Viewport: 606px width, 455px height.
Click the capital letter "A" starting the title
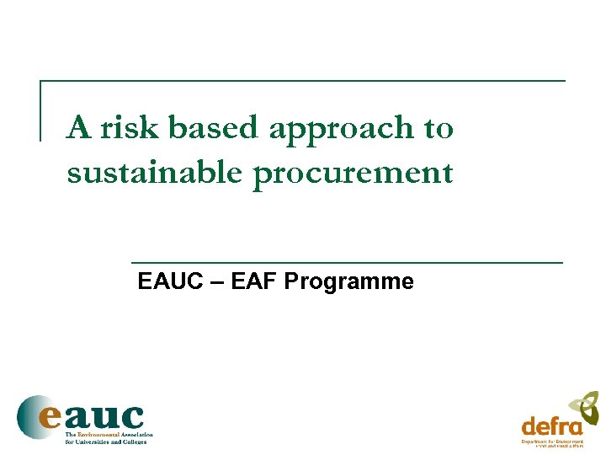click(79, 128)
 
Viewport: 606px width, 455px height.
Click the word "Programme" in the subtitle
click(348, 282)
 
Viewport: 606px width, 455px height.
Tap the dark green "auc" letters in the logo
click(105, 416)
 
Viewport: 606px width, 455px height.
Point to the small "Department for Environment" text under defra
click(552, 442)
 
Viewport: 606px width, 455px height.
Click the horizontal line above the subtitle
click(347, 263)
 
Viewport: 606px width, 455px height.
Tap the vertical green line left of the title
click(40, 110)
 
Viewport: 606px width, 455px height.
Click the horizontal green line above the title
click(303, 81)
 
